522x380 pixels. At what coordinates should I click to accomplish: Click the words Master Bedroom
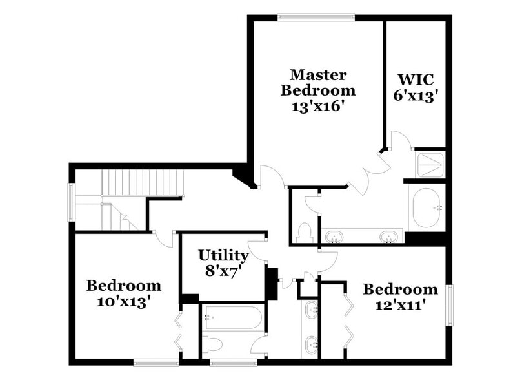(x=317, y=82)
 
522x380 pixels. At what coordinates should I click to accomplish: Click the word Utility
(x=223, y=255)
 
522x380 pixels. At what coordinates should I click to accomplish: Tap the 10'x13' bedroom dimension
(x=124, y=301)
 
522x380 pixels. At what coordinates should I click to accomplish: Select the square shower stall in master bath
(x=430, y=164)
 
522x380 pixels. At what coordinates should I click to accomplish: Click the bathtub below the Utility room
(x=232, y=317)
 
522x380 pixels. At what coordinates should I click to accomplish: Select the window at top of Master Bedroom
(x=316, y=17)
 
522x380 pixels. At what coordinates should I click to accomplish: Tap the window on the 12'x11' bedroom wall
(x=450, y=304)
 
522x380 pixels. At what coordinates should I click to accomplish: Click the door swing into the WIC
(x=399, y=142)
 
